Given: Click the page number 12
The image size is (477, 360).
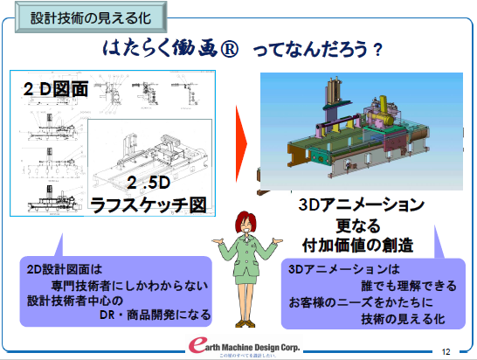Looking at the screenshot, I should [x=446, y=350].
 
